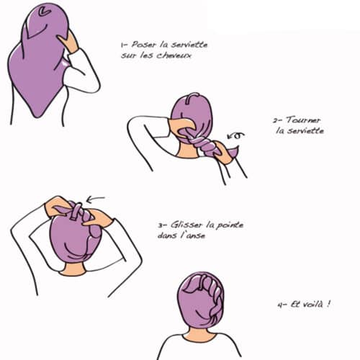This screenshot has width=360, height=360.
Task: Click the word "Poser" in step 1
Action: [x=143, y=45]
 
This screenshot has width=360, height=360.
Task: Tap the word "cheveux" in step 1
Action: [x=174, y=55]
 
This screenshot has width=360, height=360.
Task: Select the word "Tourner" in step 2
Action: [x=303, y=120]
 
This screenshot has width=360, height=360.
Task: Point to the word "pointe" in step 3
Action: [x=230, y=225]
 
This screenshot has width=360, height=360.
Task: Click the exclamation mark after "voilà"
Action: [x=328, y=304]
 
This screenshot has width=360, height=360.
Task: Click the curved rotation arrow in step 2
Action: [x=236, y=136]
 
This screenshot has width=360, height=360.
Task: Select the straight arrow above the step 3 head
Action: [x=96, y=199]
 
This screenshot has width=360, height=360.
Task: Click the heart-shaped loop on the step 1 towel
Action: [x=45, y=12]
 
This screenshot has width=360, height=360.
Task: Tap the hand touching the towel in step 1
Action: [x=69, y=41]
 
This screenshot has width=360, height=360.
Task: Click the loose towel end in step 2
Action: [x=233, y=152]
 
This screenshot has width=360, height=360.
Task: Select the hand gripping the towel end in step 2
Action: [x=222, y=153]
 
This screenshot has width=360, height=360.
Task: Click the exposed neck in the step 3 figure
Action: [x=73, y=269]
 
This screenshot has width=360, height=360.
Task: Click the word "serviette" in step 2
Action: [x=300, y=131]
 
